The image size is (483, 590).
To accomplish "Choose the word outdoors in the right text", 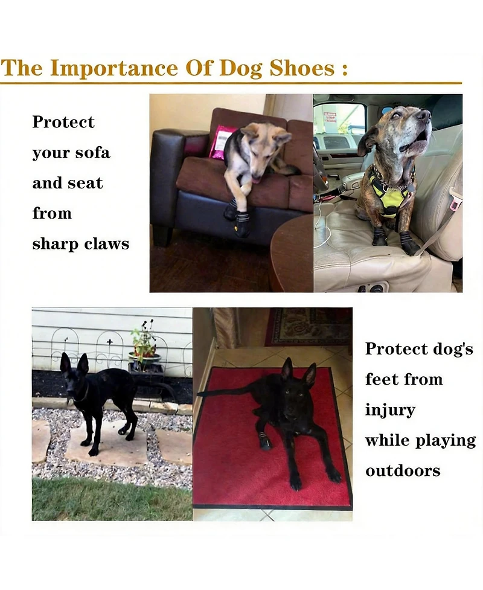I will point(403,471).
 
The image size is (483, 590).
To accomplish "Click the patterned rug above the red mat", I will point(308,326).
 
